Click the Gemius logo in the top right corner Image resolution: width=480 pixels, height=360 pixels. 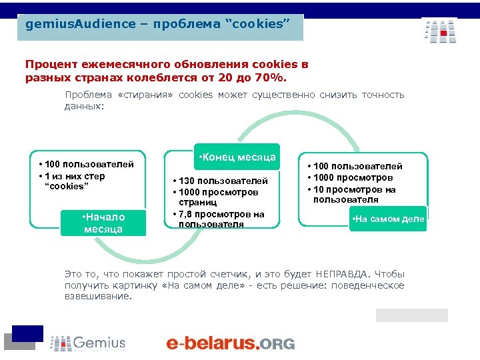pos(439,31)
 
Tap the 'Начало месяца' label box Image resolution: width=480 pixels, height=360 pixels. pos(103,223)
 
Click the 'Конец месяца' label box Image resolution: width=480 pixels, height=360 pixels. pos(237,157)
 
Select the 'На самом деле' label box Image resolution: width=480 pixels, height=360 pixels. pos(389,219)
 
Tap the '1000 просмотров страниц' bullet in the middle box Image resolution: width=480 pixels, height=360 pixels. pos(214,197)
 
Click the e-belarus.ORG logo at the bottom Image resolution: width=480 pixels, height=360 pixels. pos(230,343)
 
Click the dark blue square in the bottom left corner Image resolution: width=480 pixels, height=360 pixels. pos(27,333)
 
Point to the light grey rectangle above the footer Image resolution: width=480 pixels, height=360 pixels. pos(411,315)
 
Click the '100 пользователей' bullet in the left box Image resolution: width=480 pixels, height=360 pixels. pos(86,164)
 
